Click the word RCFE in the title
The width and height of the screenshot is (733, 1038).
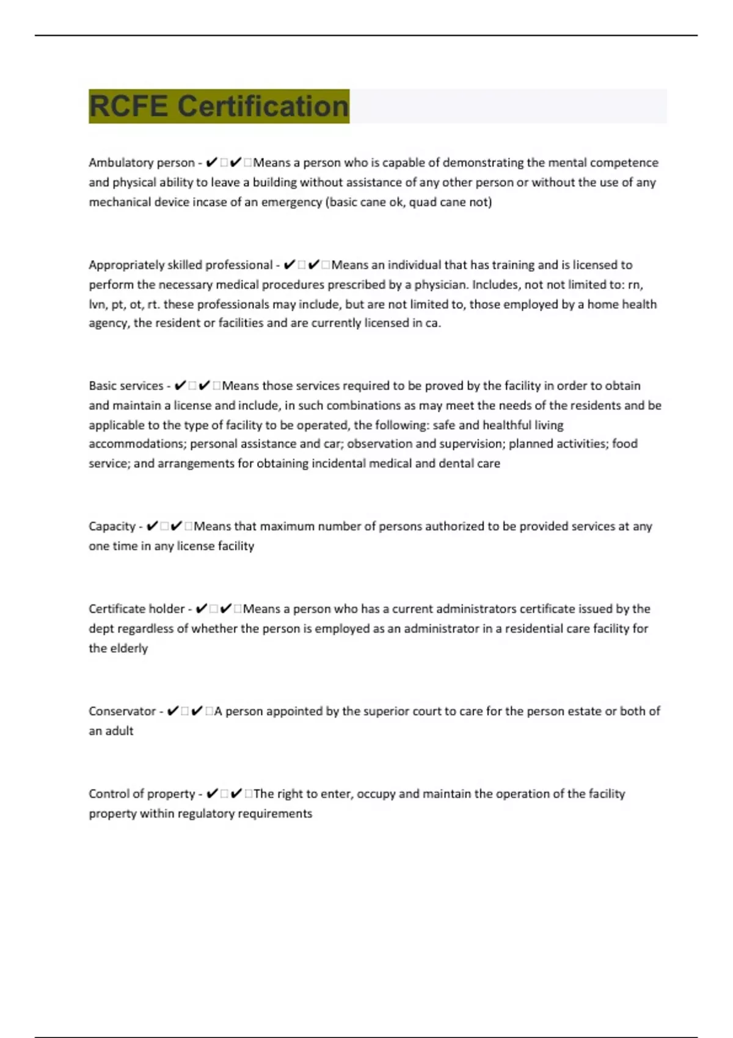pos(128,106)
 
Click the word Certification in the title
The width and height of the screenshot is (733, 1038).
pos(263,106)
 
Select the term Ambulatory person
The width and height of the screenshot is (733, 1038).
pos(141,163)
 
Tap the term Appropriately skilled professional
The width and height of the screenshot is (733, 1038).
pos(180,265)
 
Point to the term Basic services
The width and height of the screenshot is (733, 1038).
pos(126,386)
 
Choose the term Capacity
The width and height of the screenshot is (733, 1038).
pos(112,526)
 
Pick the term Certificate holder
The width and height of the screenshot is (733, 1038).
pos(136,609)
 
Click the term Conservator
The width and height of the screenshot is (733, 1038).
pos(122,711)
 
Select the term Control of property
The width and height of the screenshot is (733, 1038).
pos(142,794)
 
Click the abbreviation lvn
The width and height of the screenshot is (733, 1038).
pos(98,304)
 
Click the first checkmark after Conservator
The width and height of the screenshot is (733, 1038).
pos(173,711)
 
